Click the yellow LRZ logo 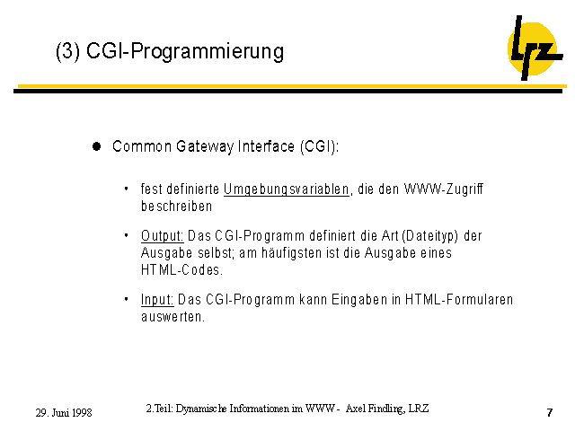[535, 48]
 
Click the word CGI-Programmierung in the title [185, 51]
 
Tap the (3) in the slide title [68, 51]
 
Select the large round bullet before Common [97, 146]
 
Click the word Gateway [205, 146]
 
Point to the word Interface [266, 146]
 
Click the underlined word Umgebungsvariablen [287, 189]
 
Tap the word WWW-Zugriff [443, 189]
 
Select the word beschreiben [177, 207]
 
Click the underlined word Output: [162, 235]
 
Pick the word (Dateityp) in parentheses [429, 236]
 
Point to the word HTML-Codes [181, 270]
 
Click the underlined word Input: [157, 300]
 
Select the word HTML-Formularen [459, 299]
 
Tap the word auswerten [172, 317]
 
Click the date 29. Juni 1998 [64, 413]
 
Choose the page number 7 [549, 413]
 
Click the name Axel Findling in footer [375, 409]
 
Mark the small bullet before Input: [126, 299]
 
